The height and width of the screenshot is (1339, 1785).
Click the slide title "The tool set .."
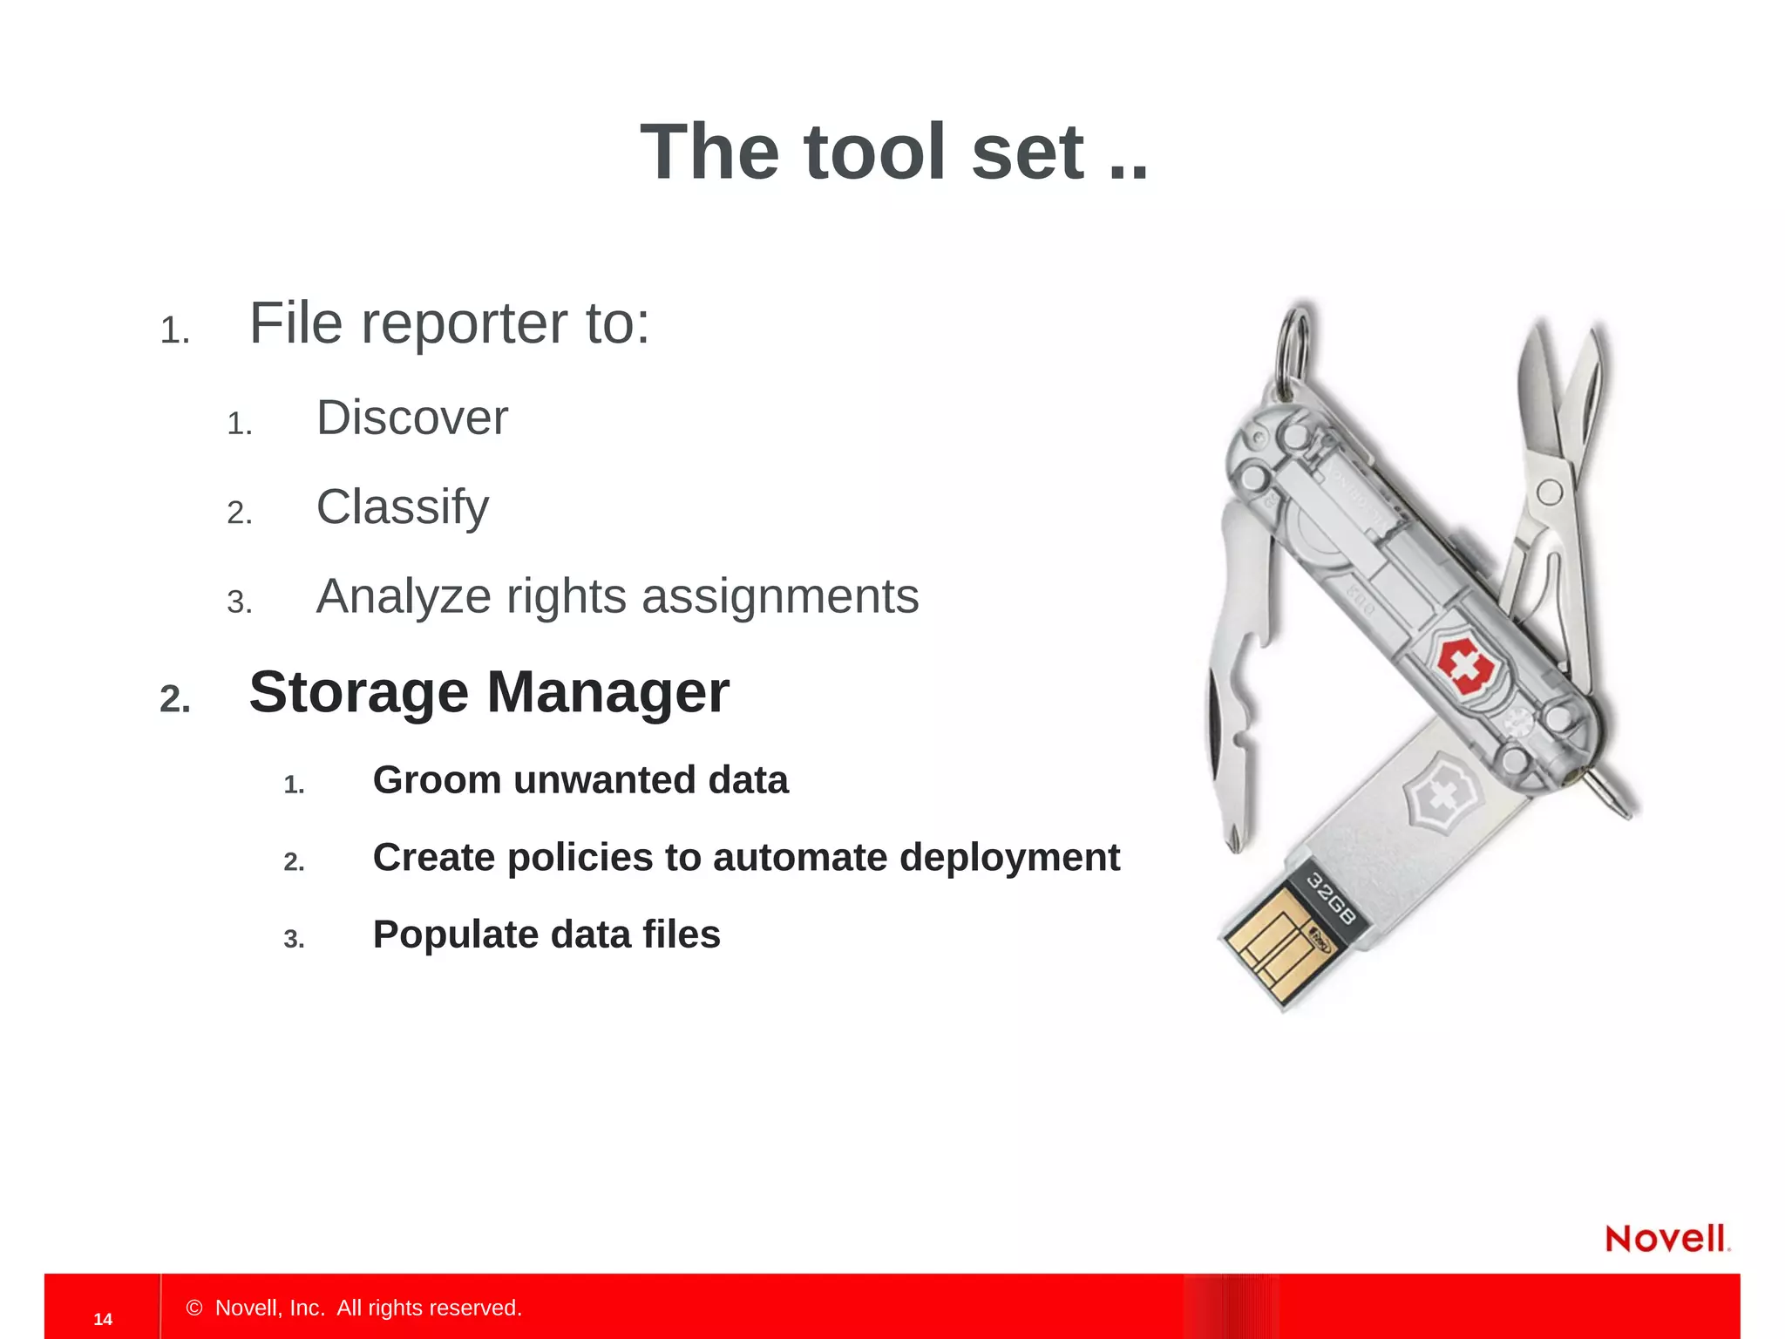click(x=894, y=153)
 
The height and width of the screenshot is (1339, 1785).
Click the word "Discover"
click(x=411, y=418)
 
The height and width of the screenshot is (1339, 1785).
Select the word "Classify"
click(x=402, y=507)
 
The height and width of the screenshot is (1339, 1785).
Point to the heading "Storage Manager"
click(x=489, y=692)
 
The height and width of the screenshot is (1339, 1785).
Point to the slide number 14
click(x=103, y=1319)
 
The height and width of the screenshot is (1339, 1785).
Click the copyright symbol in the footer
click(x=194, y=1308)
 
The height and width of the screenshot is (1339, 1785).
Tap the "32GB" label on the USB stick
click(x=1332, y=899)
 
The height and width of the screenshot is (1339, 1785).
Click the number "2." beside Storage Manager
click(x=175, y=698)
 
